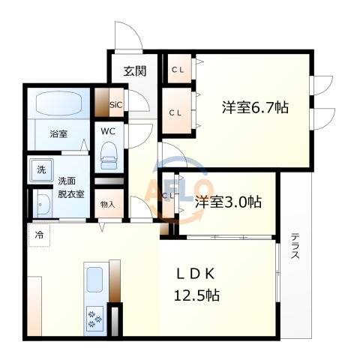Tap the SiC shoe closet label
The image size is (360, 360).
click(116, 104)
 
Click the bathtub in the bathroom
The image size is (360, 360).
click(60, 103)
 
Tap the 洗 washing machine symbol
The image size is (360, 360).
click(40, 169)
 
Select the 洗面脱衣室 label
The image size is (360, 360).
click(71, 187)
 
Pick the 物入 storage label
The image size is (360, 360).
click(107, 204)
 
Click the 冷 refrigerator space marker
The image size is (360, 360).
click(37, 234)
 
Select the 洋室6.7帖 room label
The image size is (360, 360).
click(254, 107)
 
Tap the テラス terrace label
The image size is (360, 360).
click(295, 247)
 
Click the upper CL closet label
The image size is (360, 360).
click(177, 70)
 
